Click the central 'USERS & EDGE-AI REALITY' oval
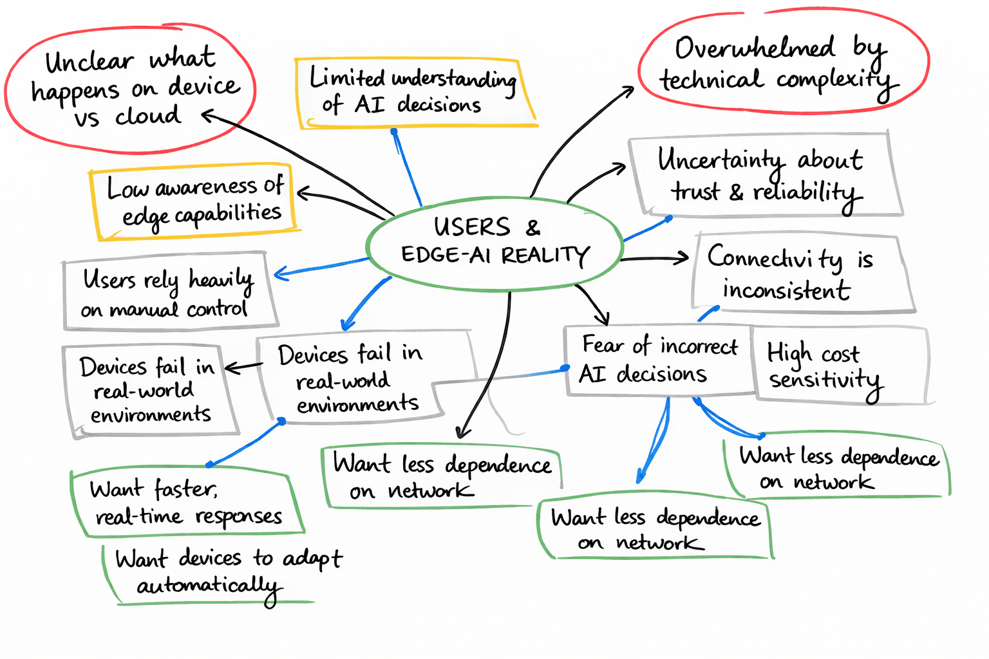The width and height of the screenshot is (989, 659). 494,243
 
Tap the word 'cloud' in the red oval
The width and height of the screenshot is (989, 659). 148,116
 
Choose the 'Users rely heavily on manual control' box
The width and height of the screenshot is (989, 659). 169,293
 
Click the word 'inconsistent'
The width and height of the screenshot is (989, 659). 786,290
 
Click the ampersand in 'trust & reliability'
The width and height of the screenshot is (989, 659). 736,192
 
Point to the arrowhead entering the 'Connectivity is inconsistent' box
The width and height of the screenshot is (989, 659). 684,259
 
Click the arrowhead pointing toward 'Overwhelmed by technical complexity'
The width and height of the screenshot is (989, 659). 630,91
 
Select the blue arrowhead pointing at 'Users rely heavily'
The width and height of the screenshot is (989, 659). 279,274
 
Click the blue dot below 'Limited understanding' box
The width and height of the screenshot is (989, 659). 394,132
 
